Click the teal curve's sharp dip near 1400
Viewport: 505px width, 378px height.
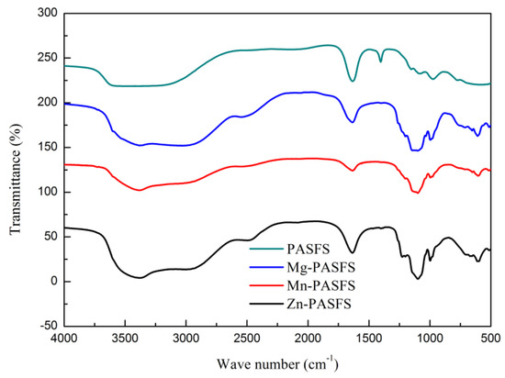(x=380, y=62)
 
